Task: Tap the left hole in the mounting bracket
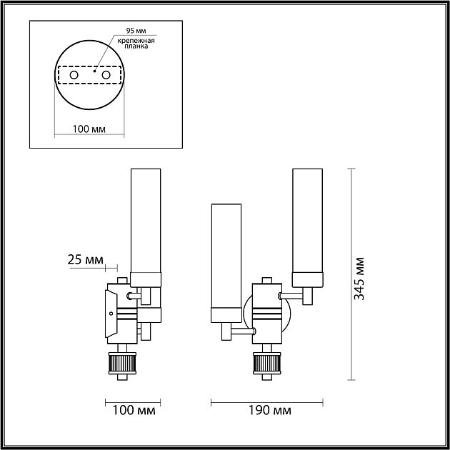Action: pyautogui.click(x=73, y=75)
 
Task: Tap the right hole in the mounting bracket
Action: pyautogui.click(x=106, y=75)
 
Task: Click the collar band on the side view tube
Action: pyautogui.click(x=146, y=277)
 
